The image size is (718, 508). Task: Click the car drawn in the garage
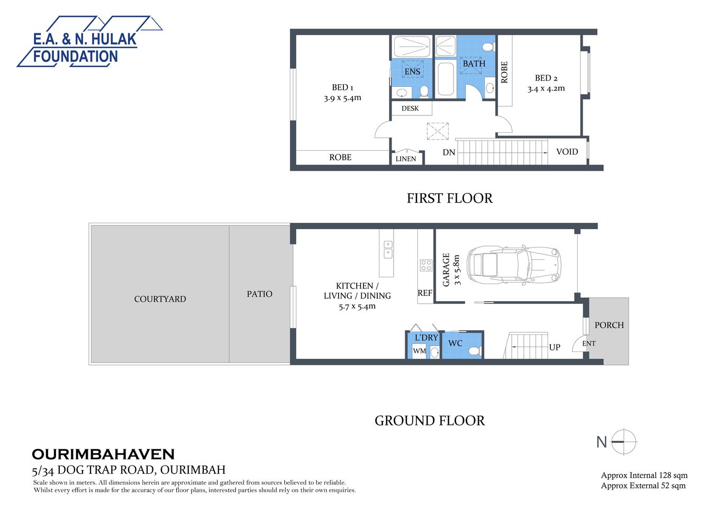tap(514, 265)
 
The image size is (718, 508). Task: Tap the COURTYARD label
tap(160, 299)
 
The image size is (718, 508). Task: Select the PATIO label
tap(259, 294)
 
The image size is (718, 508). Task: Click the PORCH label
tap(609, 325)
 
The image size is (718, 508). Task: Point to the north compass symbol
tap(624, 441)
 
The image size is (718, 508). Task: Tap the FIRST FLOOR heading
tap(449, 198)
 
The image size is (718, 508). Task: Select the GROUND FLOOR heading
tap(429, 421)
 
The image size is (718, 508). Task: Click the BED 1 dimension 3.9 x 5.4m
tap(342, 98)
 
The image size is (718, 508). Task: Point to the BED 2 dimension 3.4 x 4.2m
tap(546, 89)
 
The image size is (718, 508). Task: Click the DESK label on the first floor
tap(410, 108)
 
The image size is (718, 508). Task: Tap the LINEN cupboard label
tap(406, 159)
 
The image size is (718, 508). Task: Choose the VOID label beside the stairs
tap(567, 152)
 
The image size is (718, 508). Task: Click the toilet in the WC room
tap(475, 350)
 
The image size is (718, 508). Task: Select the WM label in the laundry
tap(419, 351)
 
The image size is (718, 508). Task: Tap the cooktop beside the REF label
tap(426, 265)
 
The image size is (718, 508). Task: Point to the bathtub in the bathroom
tap(446, 80)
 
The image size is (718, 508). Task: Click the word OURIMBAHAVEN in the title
tap(103, 454)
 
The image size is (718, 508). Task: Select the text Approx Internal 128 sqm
tap(644, 475)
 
